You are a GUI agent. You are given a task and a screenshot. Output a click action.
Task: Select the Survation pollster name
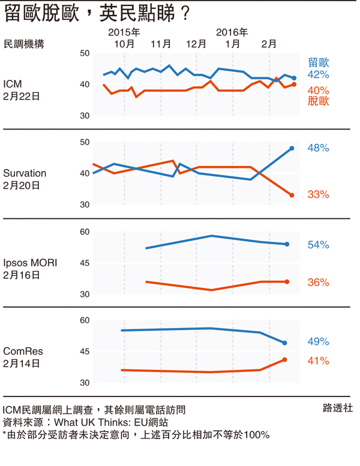pos(25,173)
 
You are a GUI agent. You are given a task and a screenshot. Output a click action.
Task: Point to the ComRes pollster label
pos(23,351)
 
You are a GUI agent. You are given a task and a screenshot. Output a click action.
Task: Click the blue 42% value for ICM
pos(318,75)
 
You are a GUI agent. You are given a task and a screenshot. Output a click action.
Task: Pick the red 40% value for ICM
pos(318,90)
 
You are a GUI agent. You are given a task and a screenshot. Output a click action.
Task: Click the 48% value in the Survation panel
pos(318,148)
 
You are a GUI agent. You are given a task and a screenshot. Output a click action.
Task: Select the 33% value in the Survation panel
pos(318,194)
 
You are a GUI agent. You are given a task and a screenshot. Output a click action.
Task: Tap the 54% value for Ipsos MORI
pos(318,245)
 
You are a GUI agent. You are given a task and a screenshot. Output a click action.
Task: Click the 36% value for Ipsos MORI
pos(318,282)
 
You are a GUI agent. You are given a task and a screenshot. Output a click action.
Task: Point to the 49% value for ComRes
pos(318,342)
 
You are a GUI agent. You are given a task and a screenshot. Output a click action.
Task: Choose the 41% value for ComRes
pos(318,361)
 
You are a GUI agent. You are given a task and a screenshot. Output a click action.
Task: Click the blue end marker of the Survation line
pos(292,148)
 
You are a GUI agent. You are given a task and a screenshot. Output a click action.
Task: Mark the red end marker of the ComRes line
pos(284,360)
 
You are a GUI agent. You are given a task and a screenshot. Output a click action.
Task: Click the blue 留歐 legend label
pos(319,62)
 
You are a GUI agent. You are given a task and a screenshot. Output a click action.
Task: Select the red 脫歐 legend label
pos(319,101)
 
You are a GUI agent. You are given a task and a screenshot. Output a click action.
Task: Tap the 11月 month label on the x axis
pos(161,44)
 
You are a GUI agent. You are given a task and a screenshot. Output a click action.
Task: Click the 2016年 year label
pos(232,32)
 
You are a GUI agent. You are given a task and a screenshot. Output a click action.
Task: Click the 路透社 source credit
pos(338,408)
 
